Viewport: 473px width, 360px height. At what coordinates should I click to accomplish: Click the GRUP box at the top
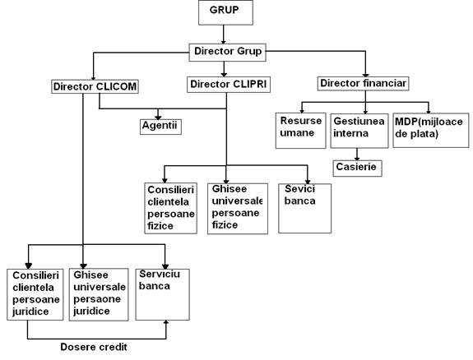point(225,12)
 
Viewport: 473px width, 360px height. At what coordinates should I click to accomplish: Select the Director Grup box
point(227,53)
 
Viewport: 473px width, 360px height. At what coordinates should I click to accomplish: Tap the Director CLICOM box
point(95,86)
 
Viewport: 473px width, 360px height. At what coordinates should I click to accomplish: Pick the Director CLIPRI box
point(229,85)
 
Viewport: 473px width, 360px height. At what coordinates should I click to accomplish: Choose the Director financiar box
point(364,84)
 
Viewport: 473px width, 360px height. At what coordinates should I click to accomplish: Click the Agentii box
point(160,127)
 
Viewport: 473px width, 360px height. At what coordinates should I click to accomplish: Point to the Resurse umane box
point(301,131)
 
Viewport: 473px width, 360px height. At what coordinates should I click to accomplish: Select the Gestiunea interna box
point(359,131)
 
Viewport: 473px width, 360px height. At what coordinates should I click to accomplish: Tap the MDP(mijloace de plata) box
point(431,130)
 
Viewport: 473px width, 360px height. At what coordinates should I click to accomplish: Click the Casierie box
point(358,168)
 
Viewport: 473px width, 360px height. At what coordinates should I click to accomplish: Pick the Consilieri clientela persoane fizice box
point(171,208)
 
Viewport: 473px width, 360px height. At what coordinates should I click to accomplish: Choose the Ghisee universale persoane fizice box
point(238,209)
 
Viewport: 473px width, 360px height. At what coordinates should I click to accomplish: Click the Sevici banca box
point(304,208)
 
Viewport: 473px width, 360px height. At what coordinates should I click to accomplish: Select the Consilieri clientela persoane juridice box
point(35,294)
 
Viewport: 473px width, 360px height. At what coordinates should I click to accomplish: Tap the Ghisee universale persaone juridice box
point(99,294)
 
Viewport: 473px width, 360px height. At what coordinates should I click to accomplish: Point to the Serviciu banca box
point(163,294)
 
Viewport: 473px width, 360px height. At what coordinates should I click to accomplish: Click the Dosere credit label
point(94,347)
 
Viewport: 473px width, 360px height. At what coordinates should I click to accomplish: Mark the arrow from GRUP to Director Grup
point(224,35)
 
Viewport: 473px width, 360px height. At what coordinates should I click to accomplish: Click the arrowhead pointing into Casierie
point(357,159)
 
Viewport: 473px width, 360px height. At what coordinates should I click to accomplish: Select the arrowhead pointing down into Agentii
point(158,118)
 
